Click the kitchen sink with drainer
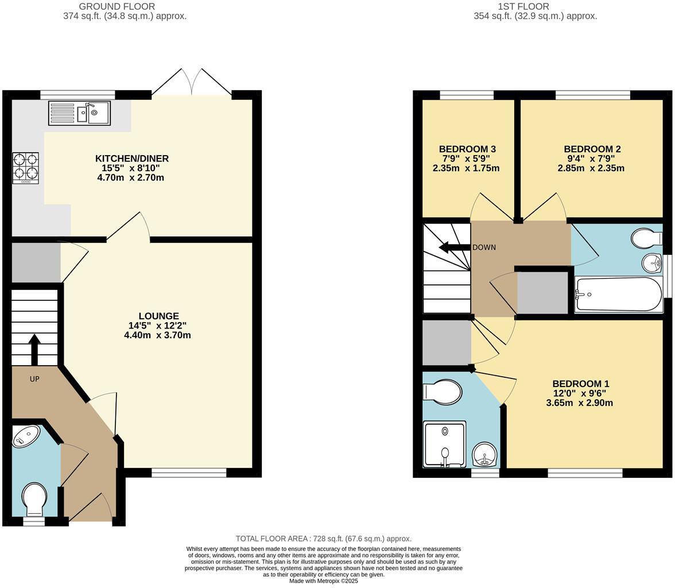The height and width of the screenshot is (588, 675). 79,113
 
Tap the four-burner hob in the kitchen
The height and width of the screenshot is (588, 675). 26,168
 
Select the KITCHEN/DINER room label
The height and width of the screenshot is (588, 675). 131,158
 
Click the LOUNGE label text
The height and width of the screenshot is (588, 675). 158,316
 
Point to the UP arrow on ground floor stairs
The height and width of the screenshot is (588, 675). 34,349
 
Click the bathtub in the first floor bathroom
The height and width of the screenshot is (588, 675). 618,295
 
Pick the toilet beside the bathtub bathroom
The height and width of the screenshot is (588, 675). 646,238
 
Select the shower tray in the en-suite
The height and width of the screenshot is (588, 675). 445,445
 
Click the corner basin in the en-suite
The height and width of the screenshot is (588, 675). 485,455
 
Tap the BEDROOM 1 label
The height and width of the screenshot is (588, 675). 580,384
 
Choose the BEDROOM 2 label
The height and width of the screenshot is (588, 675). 592,149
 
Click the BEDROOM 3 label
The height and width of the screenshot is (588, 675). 467,149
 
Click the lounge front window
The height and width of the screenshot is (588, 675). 189,473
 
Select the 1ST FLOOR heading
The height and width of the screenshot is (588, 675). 523,6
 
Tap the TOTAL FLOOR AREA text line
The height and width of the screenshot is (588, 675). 323,539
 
